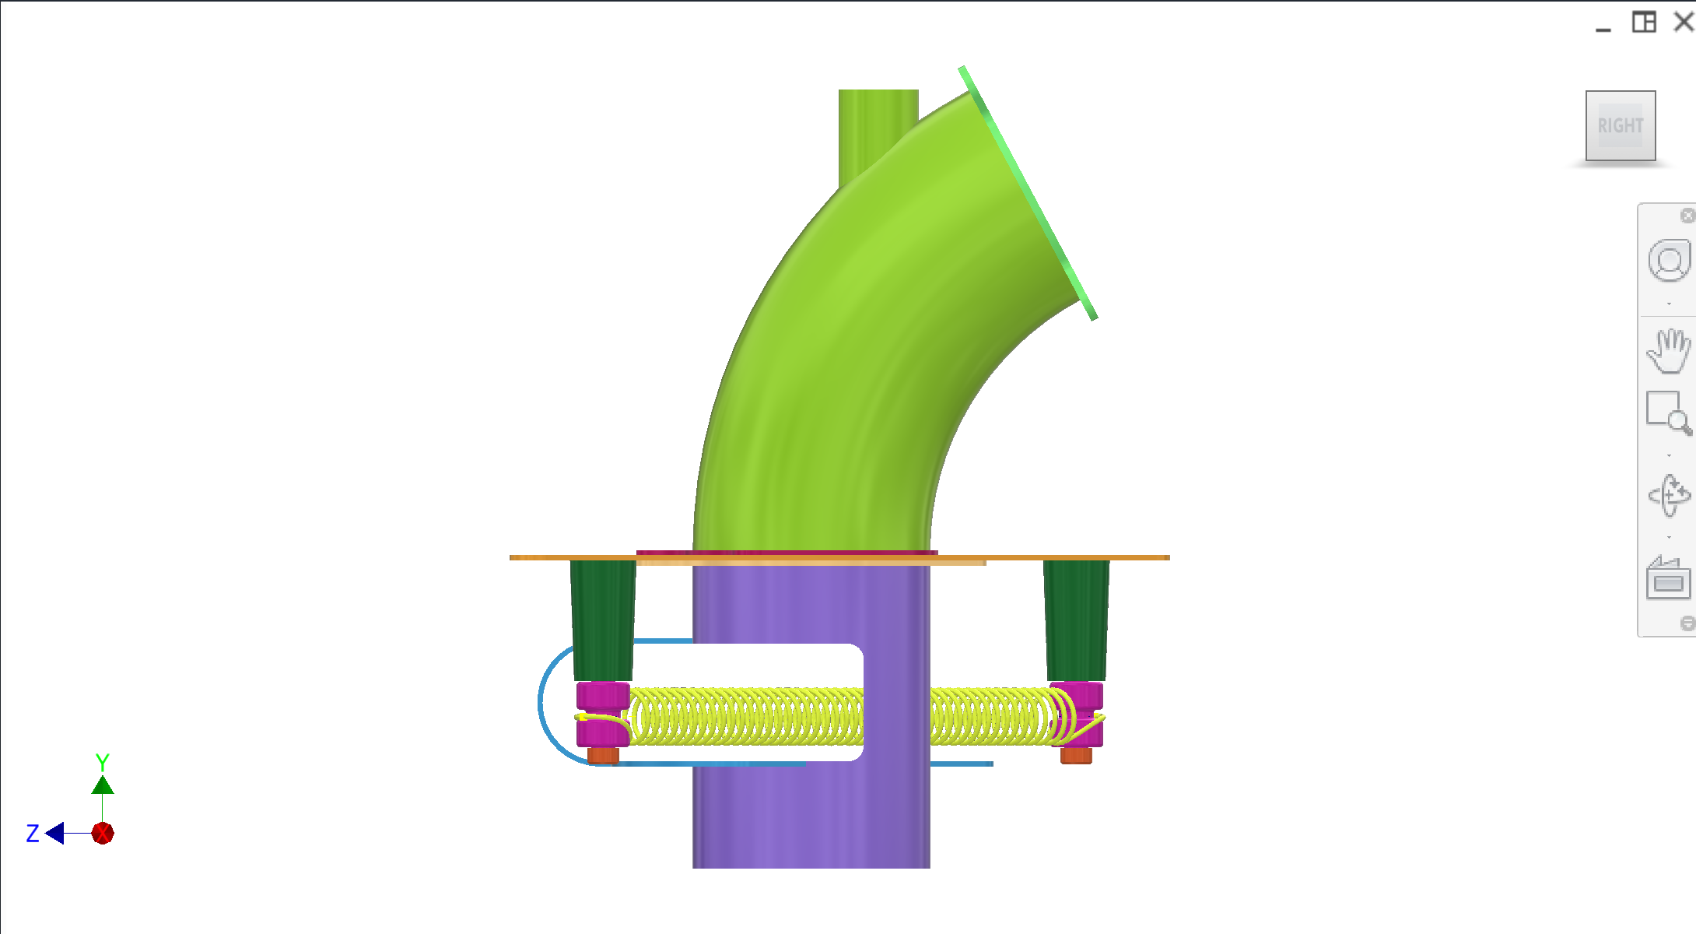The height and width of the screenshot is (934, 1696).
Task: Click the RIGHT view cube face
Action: [1620, 125]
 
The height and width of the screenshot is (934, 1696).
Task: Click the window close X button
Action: [1684, 22]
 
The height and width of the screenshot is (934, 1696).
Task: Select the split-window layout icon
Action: [1643, 22]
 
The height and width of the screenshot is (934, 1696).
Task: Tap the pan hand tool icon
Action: [1668, 351]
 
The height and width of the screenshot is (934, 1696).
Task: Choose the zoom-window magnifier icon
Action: [1668, 413]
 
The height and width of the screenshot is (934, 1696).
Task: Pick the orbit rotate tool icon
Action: [1668, 495]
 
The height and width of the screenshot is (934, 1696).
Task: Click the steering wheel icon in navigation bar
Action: [1668, 262]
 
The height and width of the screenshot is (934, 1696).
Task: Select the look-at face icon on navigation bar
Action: [1668, 580]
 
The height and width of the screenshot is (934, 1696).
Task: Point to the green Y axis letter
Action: [102, 761]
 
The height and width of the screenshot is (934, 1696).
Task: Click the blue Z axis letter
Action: [33, 834]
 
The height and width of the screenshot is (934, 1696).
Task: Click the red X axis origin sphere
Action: [103, 834]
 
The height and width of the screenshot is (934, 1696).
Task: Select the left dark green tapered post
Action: [603, 619]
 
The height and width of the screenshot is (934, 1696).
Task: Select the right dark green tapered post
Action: [1076, 619]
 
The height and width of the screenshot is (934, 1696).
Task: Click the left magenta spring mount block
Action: [602, 695]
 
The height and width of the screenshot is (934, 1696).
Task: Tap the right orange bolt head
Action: [1076, 755]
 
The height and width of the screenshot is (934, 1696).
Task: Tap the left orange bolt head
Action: [603, 755]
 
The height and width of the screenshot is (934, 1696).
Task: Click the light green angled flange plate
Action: [1027, 191]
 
